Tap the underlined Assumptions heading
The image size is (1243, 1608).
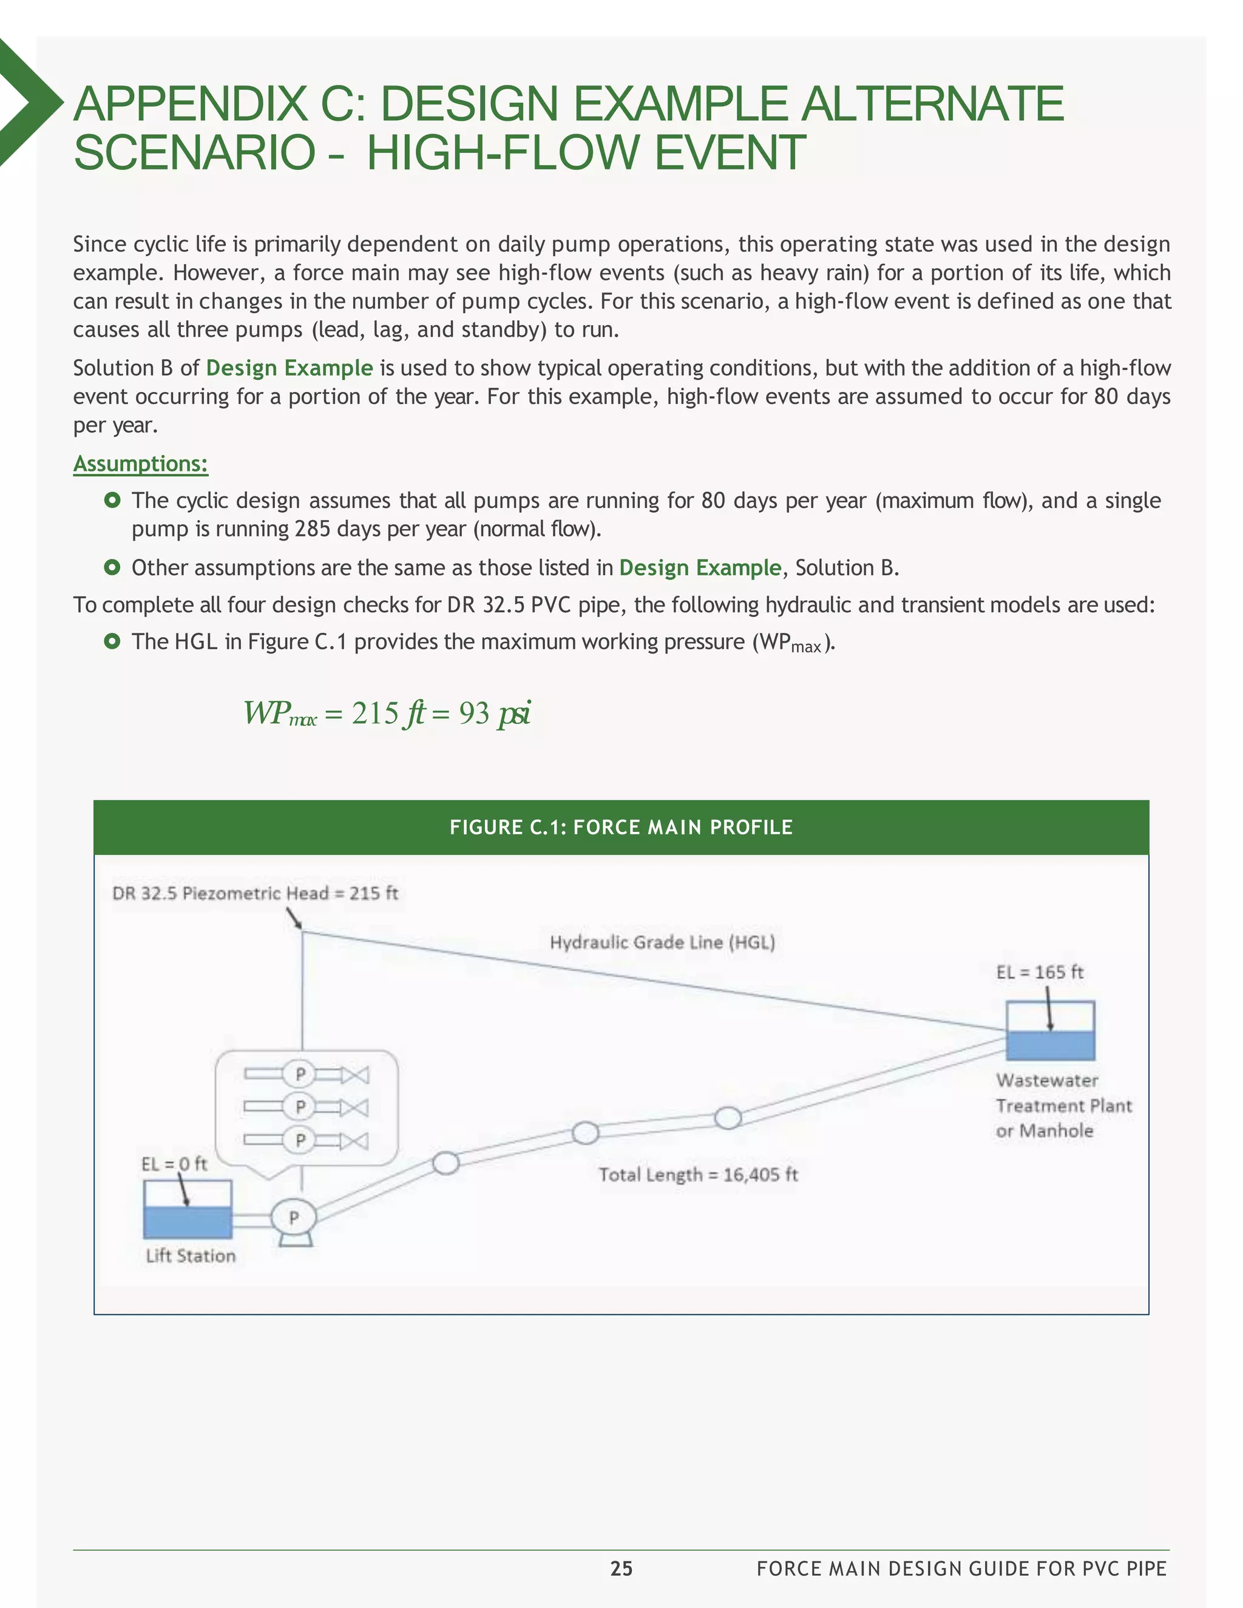click(x=140, y=464)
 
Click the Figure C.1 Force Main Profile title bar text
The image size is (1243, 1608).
click(x=621, y=827)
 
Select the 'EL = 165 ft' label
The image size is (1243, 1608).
click(x=1039, y=972)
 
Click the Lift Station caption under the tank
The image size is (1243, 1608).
click(x=191, y=1255)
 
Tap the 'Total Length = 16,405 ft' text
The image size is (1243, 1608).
click(x=697, y=1174)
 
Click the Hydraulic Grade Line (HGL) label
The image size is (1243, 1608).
click(x=662, y=942)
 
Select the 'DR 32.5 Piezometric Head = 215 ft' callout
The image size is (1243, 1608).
click(x=255, y=893)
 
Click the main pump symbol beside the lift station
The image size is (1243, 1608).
click(x=294, y=1218)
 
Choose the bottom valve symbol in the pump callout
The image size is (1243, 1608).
click(x=355, y=1141)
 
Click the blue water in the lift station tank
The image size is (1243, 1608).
click(x=188, y=1222)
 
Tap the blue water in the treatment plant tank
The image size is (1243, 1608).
click(x=1050, y=1046)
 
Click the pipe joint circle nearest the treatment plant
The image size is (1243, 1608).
click(x=728, y=1118)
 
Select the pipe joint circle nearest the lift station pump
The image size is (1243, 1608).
click(x=445, y=1163)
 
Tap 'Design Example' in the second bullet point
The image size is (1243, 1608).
click(x=700, y=568)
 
